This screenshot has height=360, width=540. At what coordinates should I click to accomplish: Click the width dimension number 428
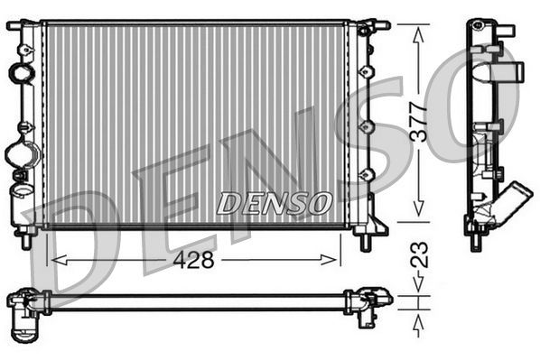(x=194, y=261)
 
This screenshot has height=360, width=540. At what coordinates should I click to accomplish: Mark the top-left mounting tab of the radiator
(x=15, y=25)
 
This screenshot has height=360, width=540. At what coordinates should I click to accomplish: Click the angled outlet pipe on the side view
(x=515, y=198)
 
